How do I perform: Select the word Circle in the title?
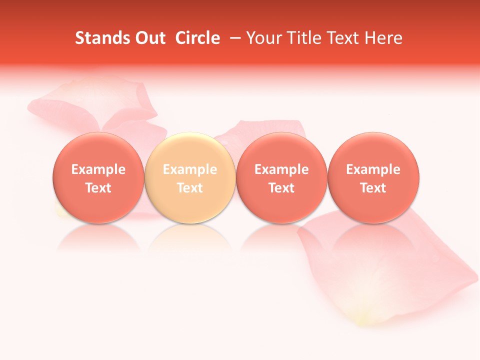pos(197,38)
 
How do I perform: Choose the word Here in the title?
pos(384,38)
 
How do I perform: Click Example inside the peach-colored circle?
pos(190,169)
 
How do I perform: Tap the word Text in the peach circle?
pos(190,188)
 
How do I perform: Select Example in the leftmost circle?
pos(98,169)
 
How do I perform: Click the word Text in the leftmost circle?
pos(98,188)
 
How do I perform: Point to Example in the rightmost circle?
pos(373,169)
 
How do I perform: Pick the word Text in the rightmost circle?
pos(373,188)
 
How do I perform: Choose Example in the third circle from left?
pos(281,169)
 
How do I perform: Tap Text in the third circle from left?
pos(281,188)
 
